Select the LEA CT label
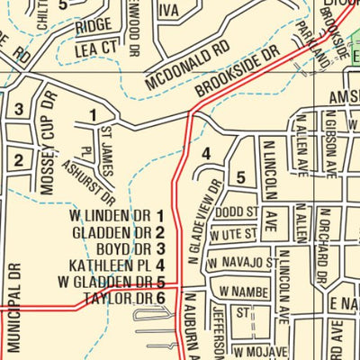point(97,47)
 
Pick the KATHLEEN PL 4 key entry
point(117,265)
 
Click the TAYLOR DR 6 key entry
point(124,298)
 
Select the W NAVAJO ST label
point(238,262)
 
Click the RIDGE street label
point(94,24)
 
